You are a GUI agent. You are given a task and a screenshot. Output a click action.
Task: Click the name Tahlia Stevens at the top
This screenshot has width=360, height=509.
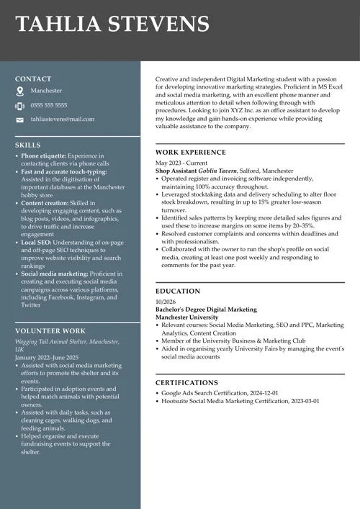click(112, 24)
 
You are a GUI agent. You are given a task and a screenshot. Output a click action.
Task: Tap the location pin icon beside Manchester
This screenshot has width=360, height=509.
click(20, 91)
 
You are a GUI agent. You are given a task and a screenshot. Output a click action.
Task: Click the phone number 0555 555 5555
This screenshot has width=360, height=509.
click(49, 105)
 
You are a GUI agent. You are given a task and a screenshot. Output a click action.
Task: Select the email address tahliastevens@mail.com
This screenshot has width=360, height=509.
click(62, 119)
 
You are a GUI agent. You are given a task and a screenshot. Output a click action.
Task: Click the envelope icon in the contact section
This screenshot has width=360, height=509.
click(20, 120)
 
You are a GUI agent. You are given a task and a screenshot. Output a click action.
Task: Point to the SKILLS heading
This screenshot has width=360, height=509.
click(28, 145)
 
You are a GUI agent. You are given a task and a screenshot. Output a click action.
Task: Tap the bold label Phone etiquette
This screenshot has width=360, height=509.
click(43, 156)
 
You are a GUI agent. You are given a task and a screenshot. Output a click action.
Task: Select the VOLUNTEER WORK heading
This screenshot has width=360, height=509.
click(50, 331)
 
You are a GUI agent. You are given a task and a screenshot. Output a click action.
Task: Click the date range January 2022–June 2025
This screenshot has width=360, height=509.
click(46, 357)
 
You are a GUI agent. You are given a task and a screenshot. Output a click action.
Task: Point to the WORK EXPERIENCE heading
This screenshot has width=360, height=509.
click(190, 153)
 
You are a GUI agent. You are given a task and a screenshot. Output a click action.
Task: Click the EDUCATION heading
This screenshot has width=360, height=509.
click(178, 292)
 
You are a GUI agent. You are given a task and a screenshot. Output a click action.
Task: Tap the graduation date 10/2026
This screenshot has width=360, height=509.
click(165, 302)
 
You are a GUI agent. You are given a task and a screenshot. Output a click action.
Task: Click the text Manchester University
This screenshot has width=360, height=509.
click(186, 317)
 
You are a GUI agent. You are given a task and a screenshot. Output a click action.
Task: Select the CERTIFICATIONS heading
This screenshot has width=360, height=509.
click(186, 383)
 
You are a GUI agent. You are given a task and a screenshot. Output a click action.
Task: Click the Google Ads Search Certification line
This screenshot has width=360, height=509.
click(220, 393)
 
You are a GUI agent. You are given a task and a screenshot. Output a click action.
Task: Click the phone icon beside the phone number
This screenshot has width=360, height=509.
click(20, 106)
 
